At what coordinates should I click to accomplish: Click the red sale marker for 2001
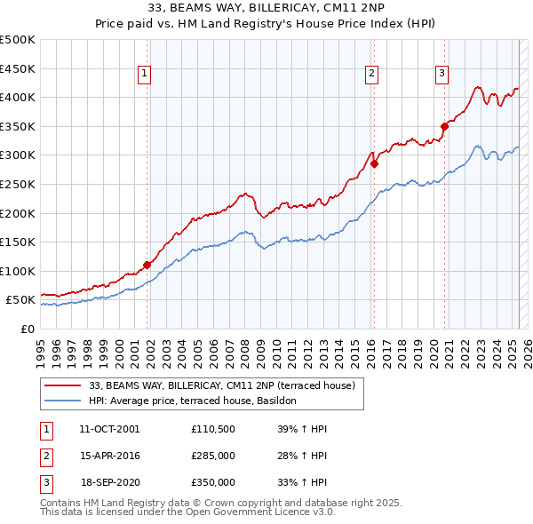pyautogui.click(x=147, y=265)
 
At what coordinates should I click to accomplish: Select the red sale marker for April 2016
pyautogui.click(x=375, y=163)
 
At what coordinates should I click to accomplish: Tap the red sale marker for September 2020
pyautogui.click(x=444, y=126)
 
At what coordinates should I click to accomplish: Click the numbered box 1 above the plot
pyautogui.click(x=144, y=74)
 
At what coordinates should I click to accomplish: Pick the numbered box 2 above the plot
pyautogui.click(x=371, y=74)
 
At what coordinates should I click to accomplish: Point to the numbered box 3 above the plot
pyautogui.click(x=442, y=74)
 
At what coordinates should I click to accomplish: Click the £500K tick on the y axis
pyautogui.click(x=18, y=40)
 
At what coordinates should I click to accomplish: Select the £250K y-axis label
pyautogui.click(x=18, y=184)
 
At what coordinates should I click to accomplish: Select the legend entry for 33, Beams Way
pyautogui.click(x=222, y=385)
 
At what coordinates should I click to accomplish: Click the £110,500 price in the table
pyautogui.click(x=213, y=429)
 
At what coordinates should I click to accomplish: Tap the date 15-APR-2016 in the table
pyautogui.click(x=109, y=456)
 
